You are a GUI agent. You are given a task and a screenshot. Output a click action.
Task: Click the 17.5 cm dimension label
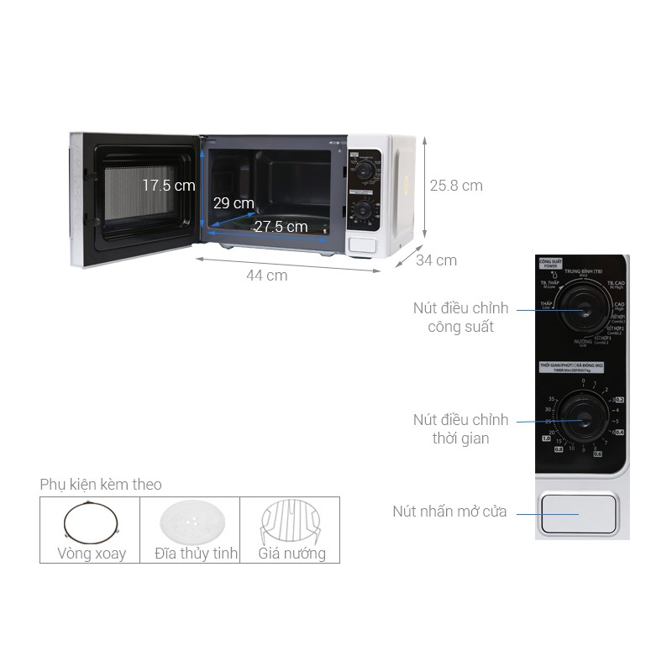[x=168, y=185]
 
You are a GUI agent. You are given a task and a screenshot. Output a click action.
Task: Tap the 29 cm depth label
[x=233, y=203]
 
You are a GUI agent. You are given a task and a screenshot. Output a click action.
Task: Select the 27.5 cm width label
[x=281, y=226]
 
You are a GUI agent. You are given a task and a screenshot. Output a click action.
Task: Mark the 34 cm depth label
[x=436, y=260]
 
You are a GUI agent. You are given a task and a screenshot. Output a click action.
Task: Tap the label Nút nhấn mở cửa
[x=449, y=511]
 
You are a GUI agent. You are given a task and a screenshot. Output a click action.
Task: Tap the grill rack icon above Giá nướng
[x=291, y=522]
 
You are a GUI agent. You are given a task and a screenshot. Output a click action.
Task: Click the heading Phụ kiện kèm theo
[x=101, y=485]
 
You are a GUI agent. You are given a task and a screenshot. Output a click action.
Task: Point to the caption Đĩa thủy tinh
[x=197, y=554]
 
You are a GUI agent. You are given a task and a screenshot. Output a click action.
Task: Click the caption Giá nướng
[x=291, y=554]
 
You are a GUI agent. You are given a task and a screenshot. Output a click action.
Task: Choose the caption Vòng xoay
[x=92, y=554]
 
